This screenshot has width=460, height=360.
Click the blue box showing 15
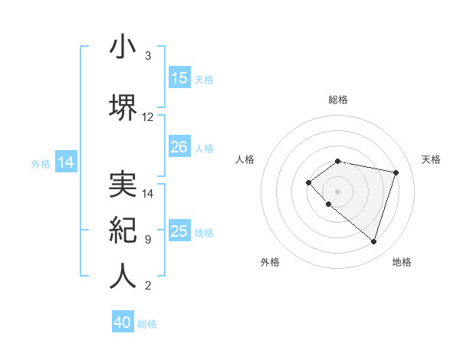pyautogui.click(x=179, y=78)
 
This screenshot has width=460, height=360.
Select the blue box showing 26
pyautogui.click(x=179, y=147)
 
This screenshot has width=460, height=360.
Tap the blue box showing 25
pyautogui.click(x=179, y=231)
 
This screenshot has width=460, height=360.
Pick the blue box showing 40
pyautogui.click(x=123, y=322)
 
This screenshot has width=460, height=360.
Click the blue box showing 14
pyautogui.click(x=66, y=162)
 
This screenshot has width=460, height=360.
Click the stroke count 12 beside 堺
pyautogui.click(x=148, y=117)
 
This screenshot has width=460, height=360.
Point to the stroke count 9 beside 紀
pyautogui.click(x=147, y=240)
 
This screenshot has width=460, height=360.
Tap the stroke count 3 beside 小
pyautogui.click(x=147, y=56)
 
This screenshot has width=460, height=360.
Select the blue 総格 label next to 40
pyautogui.click(x=147, y=324)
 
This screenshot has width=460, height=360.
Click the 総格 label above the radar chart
pyautogui.click(x=338, y=100)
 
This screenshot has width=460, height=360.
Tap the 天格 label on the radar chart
pyautogui.click(x=431, y=159)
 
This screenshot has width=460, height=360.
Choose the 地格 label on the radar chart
pyautogui.click(x=402, y=262)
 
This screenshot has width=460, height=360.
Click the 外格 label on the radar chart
pyautogui.click(x=270, y=262)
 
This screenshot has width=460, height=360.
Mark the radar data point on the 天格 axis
pyautogui.click(x=396, y=172)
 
